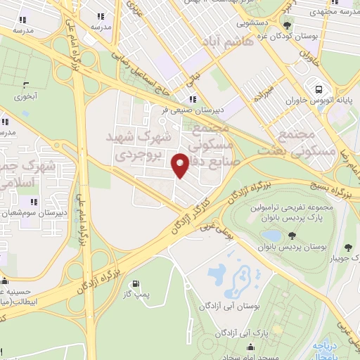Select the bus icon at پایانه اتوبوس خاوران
click(320, 89)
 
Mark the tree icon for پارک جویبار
click(347, 246)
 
